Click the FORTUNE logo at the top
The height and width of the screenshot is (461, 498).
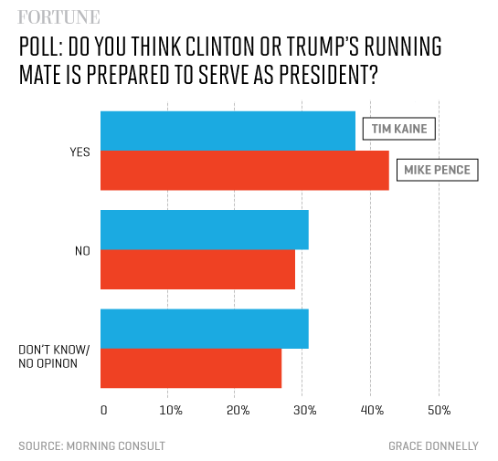59,16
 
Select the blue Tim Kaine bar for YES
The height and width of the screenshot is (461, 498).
228,131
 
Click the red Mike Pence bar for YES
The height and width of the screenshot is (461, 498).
244,171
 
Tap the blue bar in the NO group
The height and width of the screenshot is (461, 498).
204,229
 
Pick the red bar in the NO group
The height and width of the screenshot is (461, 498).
197,269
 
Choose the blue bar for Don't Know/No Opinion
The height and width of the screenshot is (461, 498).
204,329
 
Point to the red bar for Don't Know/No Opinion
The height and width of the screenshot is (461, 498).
190,368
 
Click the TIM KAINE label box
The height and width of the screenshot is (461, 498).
399,129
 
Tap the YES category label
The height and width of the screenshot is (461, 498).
79,152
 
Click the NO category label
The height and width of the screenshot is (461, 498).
81,250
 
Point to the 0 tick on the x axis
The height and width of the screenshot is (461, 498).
103,410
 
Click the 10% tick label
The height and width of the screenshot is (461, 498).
170,410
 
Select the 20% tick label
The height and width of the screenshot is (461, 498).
237,410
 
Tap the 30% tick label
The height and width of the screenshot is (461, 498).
304,410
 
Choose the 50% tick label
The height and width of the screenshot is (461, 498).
439,410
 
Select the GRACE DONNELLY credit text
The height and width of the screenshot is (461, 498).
433,445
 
